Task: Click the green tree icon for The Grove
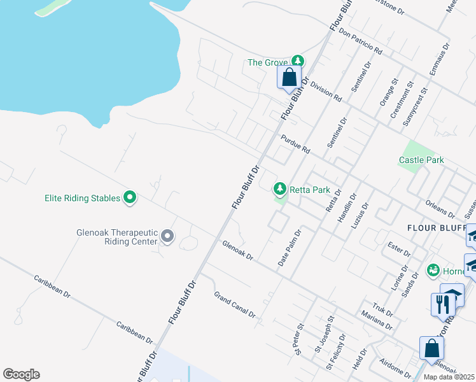[297, 62]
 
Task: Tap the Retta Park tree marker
[279, 189]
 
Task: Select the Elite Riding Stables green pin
[130, 198]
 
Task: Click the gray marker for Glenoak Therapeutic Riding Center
[167, 237]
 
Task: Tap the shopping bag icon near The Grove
[290, 78]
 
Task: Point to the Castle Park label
[421, 160]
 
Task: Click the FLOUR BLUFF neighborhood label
[437, 227]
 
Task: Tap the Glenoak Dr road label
[238, 250]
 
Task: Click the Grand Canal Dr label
[234, 305]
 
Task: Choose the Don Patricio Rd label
[360, 41]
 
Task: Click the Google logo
[21, 374]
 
